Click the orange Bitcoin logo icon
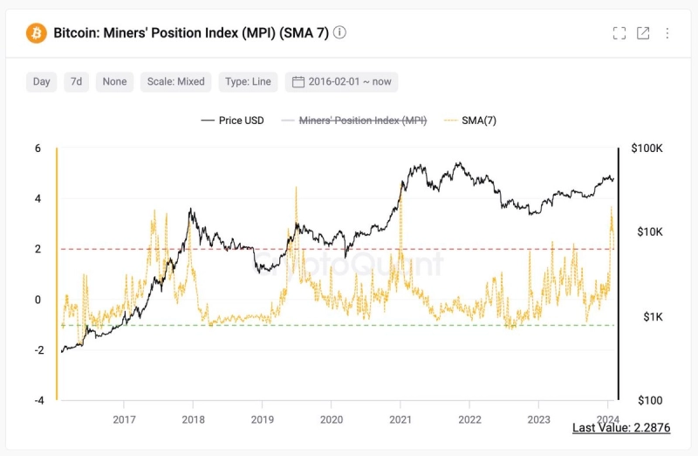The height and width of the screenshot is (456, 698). click(x=37, y=33)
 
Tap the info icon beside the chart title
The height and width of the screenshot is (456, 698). click(x=339, y=32)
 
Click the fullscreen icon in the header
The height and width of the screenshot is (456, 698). click(x=619, y=33)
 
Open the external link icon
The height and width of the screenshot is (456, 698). click(x=643, y=33)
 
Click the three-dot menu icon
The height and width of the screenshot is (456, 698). click(x=667, y=33)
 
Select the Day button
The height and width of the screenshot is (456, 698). click(x=42, y=81)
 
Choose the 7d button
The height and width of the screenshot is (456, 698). click(x=77, y=81)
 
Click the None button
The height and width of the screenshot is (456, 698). click(x=114, y=81)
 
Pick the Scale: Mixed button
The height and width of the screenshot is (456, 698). click(x=175, y=81)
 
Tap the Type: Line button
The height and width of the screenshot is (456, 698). click(x=248, y=81)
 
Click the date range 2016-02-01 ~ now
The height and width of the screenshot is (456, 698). click(x=342, y=81)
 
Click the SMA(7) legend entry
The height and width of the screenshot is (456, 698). click(x=470, y=121)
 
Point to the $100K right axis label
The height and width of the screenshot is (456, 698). click(x=646, y=149)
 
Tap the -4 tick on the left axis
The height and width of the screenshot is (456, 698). click(x=38, y=401)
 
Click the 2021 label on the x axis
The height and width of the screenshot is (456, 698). click(x=400, y=418)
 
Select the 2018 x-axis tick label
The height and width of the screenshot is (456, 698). click(x=193, y=418)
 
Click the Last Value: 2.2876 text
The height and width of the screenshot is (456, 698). click(x=620, y=428)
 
